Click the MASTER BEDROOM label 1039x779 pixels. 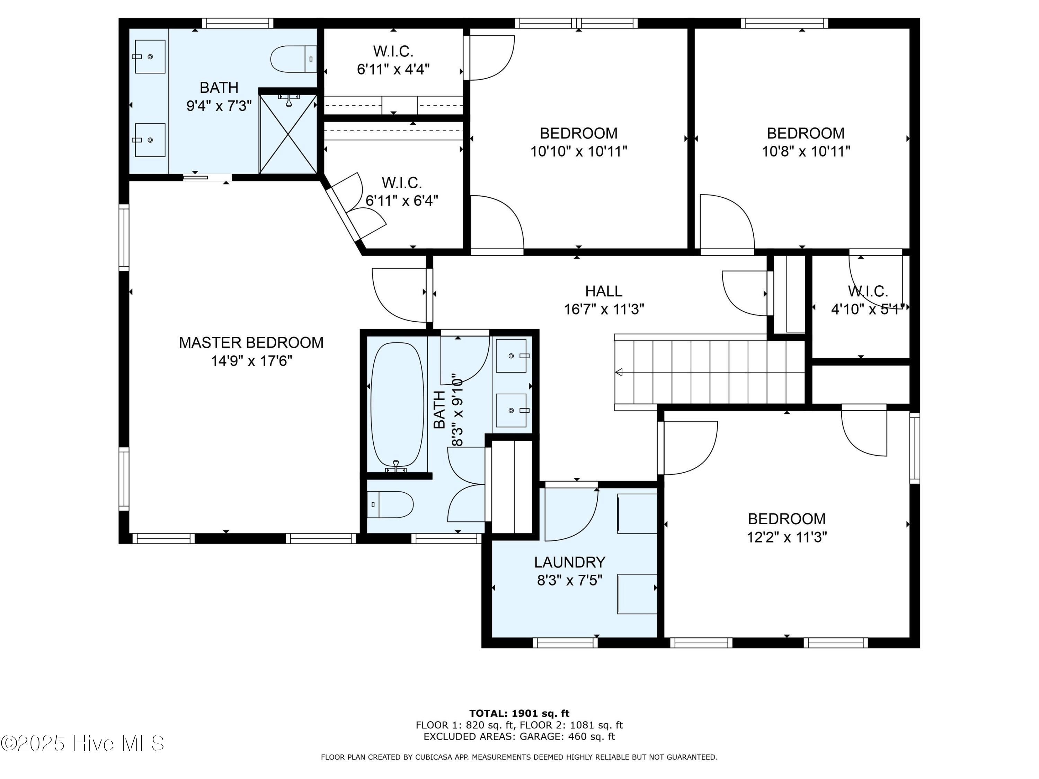click(x=251, y=343)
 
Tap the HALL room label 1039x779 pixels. click(x=604, y=291)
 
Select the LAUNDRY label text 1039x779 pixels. click(x=570, y=562)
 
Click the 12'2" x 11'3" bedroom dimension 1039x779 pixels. click(x=787, y=537)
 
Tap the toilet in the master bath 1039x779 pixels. click(x=294, y=59)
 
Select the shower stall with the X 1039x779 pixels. click(x=288, y=134)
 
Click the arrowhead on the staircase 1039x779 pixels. click(x=619, y=372)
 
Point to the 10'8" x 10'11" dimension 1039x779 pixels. click(x=806, y=152)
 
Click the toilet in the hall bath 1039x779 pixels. click(x=390, y=505)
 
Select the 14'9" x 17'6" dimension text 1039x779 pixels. click(x=251, y=361)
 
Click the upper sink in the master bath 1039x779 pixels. click(x=150, y=57)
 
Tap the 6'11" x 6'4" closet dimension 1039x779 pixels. click(x=402, y=201)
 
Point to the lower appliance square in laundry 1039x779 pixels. click(x=637, y=594)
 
